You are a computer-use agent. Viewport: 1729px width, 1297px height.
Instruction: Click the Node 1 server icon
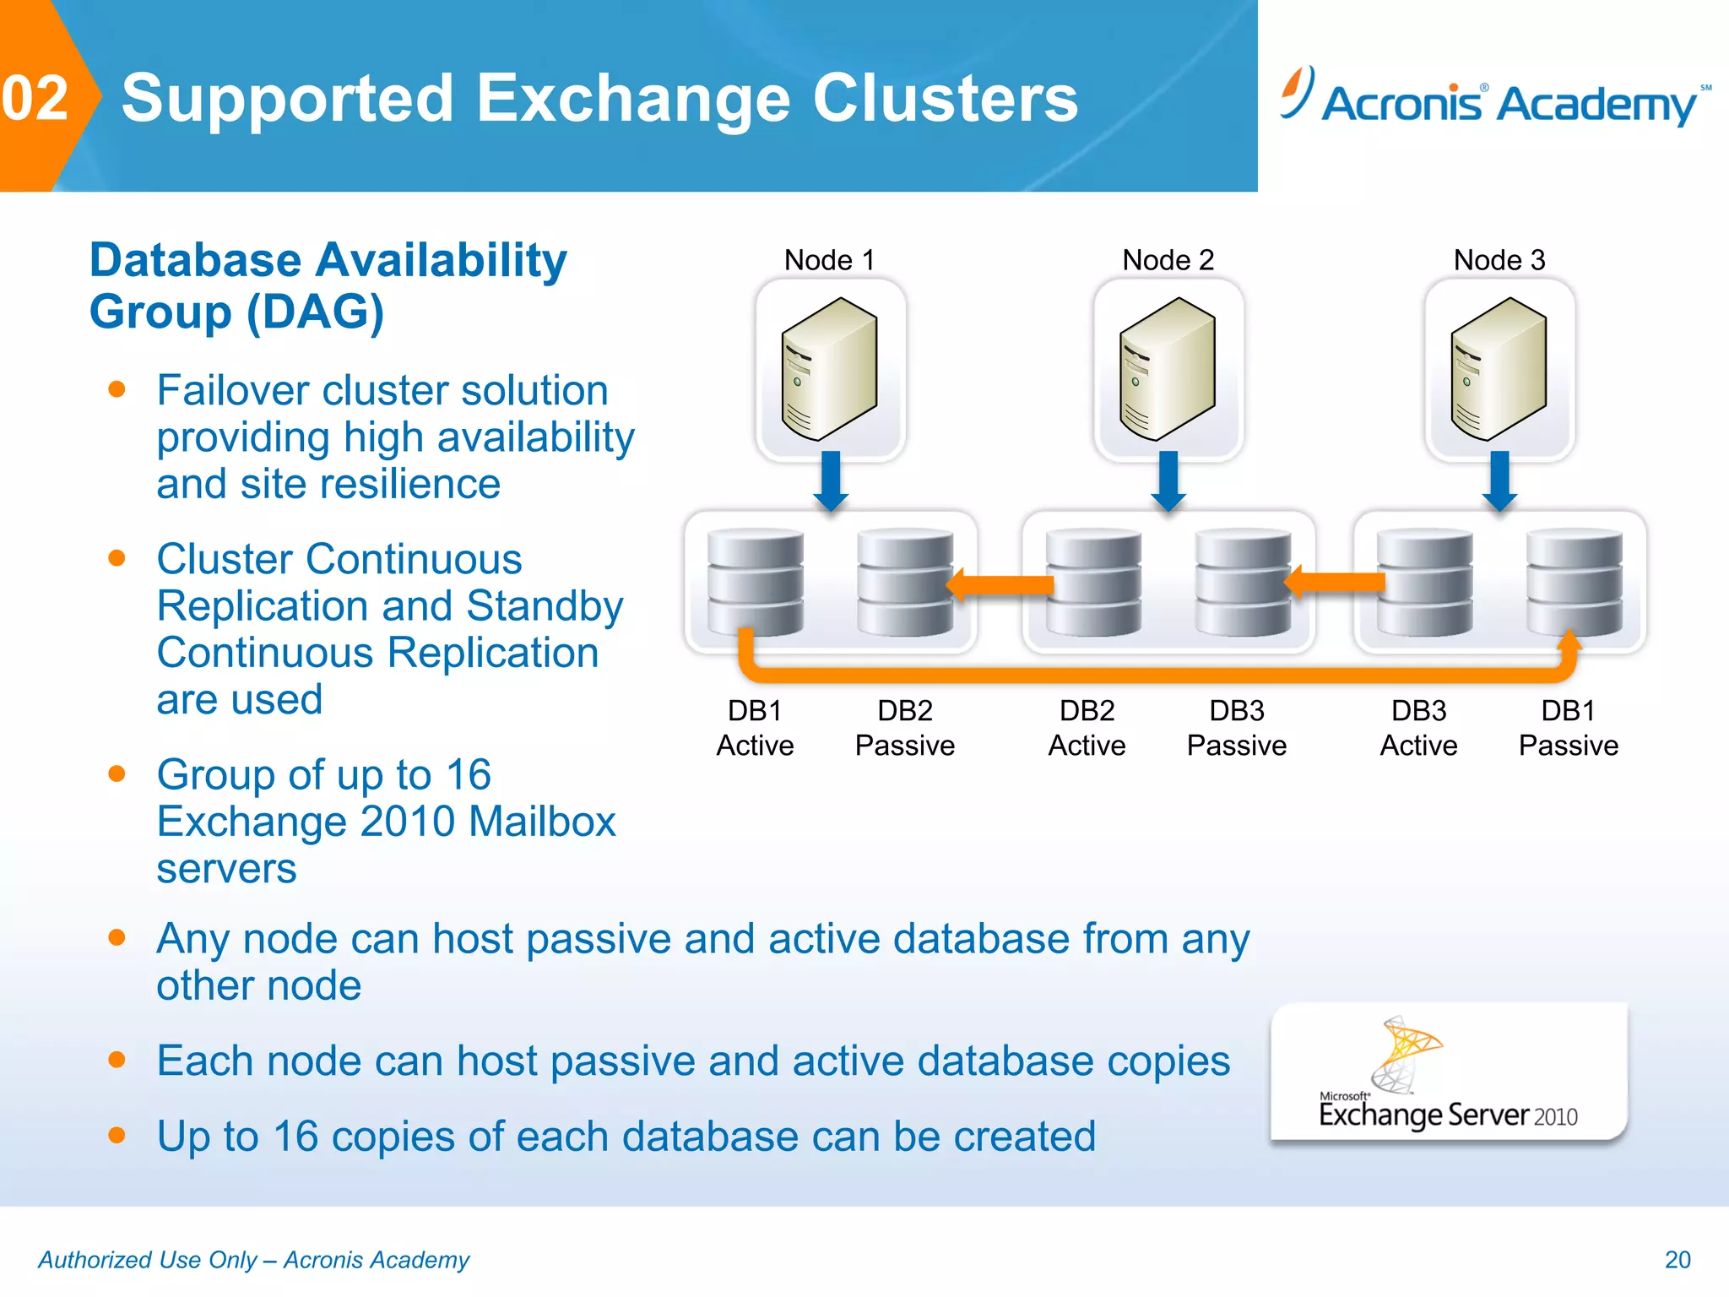coord(830,369)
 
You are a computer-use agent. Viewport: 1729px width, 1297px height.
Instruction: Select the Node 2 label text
coord(1168,260)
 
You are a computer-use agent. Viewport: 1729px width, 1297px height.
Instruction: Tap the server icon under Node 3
coord(1499,369)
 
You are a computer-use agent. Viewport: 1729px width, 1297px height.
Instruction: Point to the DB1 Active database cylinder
coord(755,582)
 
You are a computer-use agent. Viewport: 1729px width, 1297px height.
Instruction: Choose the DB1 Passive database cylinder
coord(1575,582)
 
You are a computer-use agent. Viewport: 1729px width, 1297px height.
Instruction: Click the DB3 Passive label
coord(1236,728)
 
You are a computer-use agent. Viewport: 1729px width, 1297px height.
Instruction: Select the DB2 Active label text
coord(1087,728)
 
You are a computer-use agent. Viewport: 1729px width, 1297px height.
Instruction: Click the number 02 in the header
coord(35,98)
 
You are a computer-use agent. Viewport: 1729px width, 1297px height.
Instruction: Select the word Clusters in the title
coord(945,99)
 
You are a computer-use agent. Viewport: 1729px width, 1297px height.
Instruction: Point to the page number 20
coord(1677,1259)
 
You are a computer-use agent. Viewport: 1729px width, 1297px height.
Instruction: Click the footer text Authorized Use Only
coord(148,1260)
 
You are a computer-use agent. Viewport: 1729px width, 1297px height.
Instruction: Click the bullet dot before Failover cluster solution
coord(117,389)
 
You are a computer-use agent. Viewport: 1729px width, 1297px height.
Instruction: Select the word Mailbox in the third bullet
coord(542,822)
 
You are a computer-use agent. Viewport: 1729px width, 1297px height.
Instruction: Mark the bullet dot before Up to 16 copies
coord(117,1135)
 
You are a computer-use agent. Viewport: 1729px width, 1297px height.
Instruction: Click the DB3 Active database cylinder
coord(1424,582)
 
